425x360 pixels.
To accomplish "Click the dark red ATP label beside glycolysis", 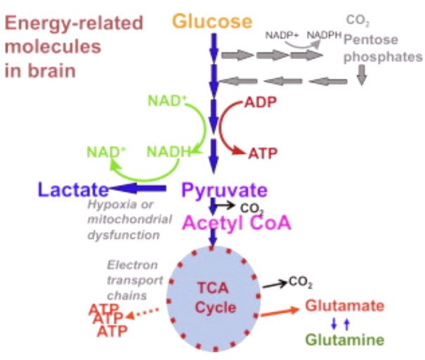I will tap(261, 153).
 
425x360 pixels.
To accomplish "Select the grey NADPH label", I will tap(319, 34).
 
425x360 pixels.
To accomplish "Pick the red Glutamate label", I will tap(344, 306).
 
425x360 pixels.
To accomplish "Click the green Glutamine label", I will tap(345, 340).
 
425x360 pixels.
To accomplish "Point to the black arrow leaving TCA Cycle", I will tap(275, 284).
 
